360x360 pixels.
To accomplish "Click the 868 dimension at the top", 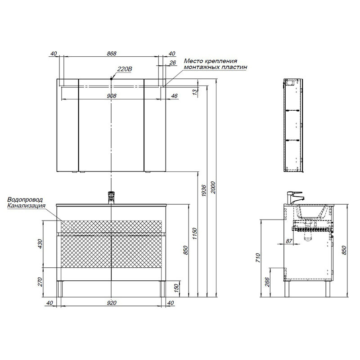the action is coord(112,54).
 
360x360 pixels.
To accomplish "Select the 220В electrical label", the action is coord(125,69).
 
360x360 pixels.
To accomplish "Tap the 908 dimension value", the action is coord(112,96).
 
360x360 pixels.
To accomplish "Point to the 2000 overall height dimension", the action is coord(213,187).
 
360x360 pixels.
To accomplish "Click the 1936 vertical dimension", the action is coord(204,190).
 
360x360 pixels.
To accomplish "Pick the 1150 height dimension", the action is coord(195,234).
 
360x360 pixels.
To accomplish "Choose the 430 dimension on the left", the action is coord(40,244).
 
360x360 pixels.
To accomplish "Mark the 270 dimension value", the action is coord(40,282).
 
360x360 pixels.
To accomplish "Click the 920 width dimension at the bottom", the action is coord(112,303).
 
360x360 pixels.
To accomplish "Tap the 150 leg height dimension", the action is coord(176,288).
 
